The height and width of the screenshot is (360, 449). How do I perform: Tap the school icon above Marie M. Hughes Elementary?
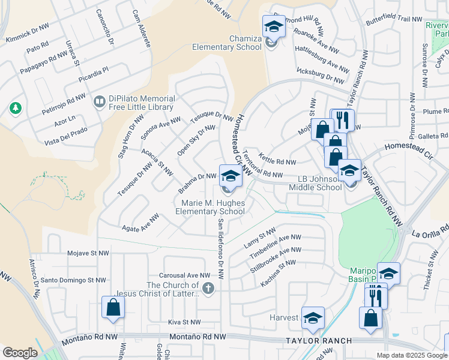[x=230, y=176]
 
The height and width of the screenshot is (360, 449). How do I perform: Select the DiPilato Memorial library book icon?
[x=98, y=103]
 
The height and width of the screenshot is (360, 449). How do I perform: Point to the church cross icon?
[x=208, y=289]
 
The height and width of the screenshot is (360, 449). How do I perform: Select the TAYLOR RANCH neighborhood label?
[x=318, y=340]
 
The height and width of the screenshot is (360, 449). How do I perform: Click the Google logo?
[x=20, y=352]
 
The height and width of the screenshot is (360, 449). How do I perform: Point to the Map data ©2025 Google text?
[x=412, y=355]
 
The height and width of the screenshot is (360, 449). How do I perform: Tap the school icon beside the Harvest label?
[x=312, y=318]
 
